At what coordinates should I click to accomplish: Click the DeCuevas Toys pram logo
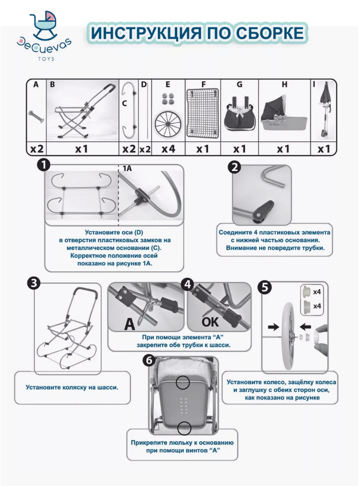click(44, 35)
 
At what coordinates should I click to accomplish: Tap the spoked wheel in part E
click(167, 124)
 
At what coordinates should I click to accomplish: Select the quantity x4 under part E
click(168, 149)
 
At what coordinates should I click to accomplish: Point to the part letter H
click(284, 84)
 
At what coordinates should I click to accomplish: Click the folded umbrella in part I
click(325, 110)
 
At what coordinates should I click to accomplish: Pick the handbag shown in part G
click(240, 113)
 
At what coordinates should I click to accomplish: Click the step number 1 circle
click(44, 165)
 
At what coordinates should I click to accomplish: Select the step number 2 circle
click(234, 168)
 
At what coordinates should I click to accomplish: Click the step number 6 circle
click(149, 360)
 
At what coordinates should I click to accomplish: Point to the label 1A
click(127, 168)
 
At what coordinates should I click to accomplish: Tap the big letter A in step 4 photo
click(130, 324)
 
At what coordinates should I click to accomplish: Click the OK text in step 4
click(210, 323)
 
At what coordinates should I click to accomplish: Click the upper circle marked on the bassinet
click(183, 382)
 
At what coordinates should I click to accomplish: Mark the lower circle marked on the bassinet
click(184, 428)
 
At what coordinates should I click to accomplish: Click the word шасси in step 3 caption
click(108, 388)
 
